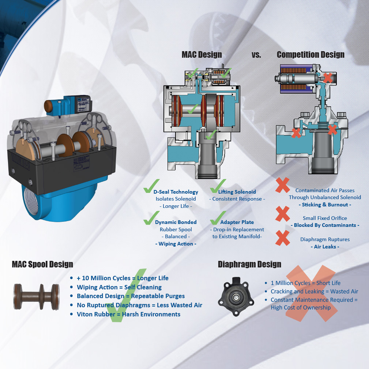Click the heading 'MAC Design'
coord(202,54)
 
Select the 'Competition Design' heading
coord(310,54)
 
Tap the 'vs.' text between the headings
coord(256,55)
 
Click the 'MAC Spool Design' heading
coord(42,264)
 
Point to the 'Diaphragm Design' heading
coord(249,264)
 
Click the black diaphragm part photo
coord(236,297)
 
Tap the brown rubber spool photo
coord(37,297)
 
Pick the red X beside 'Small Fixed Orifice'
coord(283,214)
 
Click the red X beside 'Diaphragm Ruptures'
coord(283,238)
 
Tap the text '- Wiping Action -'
coord(176,244)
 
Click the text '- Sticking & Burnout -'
coord(325,205)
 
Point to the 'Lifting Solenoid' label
coord(237,192)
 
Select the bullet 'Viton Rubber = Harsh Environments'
coord(128,314)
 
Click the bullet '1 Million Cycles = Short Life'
coord(305,283)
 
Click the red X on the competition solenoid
coord(328,78)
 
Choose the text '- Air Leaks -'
coord(325,247)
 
